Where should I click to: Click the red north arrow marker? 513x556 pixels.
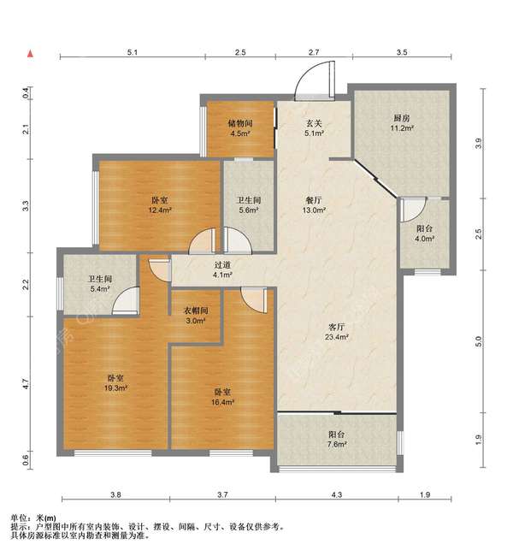click(31, 54)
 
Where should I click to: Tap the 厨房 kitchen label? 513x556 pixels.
click(402, 118)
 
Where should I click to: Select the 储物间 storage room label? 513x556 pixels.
click(240, 123)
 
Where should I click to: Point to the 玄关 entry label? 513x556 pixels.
click(314, 123)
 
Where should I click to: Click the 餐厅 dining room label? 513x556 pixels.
click(314, 200)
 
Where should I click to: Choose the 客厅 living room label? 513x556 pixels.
click(337, 327)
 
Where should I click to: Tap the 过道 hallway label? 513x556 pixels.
click(222, 265)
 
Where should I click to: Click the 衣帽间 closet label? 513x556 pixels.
click(195, 311)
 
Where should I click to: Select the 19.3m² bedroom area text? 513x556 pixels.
click(116, 388)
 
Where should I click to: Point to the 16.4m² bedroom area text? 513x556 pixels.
click(222, 402)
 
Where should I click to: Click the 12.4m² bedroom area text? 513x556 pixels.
click(160, 210)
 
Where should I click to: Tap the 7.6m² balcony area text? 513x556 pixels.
click(337, 444)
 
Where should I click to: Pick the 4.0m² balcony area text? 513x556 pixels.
click(425, 239)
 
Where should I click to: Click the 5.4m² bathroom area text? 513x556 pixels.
click(100, 288)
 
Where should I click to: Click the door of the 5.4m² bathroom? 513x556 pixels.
click(125, 301)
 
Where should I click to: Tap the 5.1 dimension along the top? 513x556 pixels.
click(133, 52)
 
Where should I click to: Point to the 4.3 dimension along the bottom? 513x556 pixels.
click(337, 494)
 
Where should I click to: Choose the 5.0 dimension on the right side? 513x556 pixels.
click(479, 341)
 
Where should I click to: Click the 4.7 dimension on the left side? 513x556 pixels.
click(25, 384)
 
